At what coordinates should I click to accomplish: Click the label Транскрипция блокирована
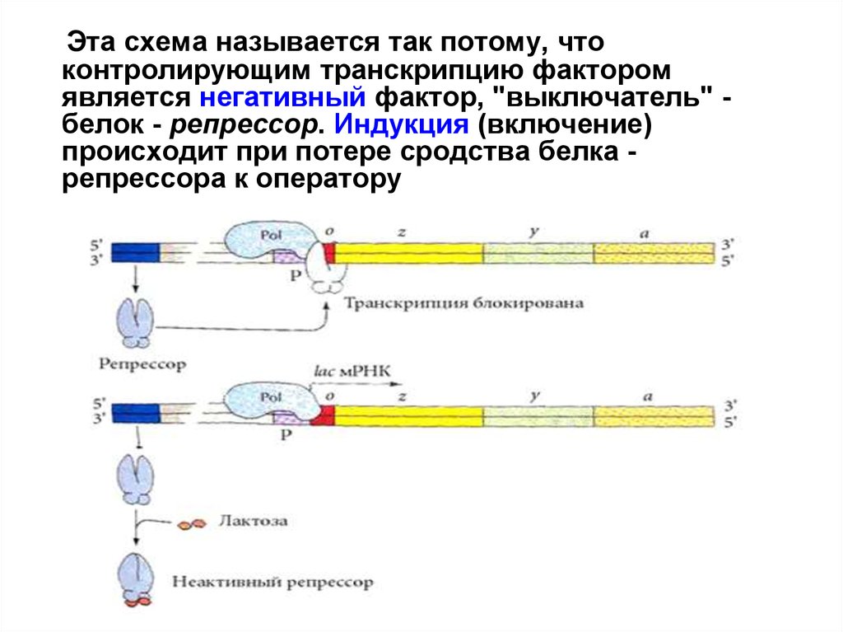tap(464, 303)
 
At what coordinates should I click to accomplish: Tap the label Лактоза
tap(253, 522)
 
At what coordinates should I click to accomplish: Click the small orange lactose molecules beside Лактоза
tap(191, 523)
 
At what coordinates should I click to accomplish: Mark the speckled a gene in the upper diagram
tap(654, 253)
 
